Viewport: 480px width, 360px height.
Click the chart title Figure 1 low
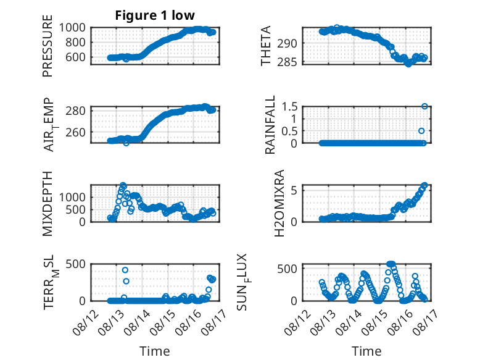click(155, 15)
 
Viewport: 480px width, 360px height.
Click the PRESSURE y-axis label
click(48, 46)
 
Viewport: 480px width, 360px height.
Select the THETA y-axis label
click(266, 46)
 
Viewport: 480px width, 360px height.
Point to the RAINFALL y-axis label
click(270, 124)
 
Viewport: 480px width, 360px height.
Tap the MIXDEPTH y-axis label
click(48, 203)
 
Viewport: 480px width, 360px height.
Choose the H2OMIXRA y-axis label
click(279, 203)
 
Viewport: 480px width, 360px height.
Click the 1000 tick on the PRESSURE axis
click(72, 28)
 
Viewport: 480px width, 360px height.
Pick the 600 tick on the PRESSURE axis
click(76, 57)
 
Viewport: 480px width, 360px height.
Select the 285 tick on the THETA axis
click(287, 62)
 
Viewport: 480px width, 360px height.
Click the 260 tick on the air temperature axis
click(76, 132)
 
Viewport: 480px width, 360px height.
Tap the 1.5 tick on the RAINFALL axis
click(289, 107)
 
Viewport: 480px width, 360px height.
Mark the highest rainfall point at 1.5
click(424, 106)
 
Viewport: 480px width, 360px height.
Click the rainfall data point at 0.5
click(421, 131)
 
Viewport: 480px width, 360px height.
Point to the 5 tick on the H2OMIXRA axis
click(294, 191)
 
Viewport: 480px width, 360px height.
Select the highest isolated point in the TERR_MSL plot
click(125, 270)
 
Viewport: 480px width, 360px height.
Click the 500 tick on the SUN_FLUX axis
click(287, 269)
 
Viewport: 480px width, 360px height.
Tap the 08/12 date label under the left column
click(86, 322)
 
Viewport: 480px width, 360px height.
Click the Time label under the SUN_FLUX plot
click(366, 351)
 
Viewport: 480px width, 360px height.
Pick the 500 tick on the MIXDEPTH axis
click(76, 209)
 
